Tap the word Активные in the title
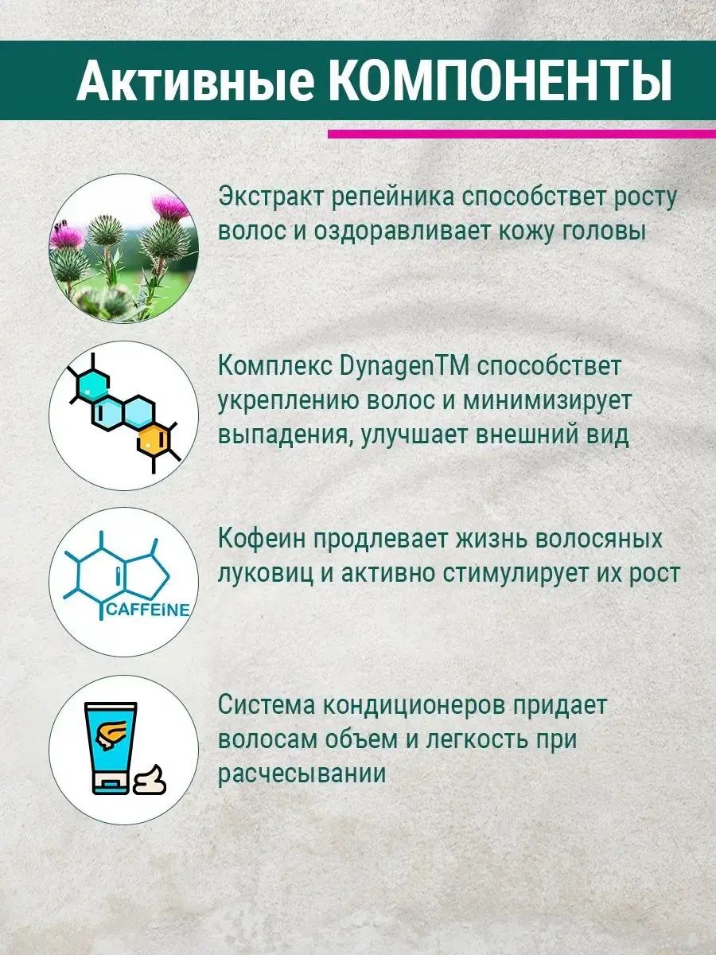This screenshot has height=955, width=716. click(x=195, y=81)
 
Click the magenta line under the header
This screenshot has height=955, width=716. click(x=522, y=134)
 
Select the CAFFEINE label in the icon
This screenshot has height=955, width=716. click(x=148, y=610)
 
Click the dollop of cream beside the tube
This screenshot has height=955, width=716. click(x=150, y=779)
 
